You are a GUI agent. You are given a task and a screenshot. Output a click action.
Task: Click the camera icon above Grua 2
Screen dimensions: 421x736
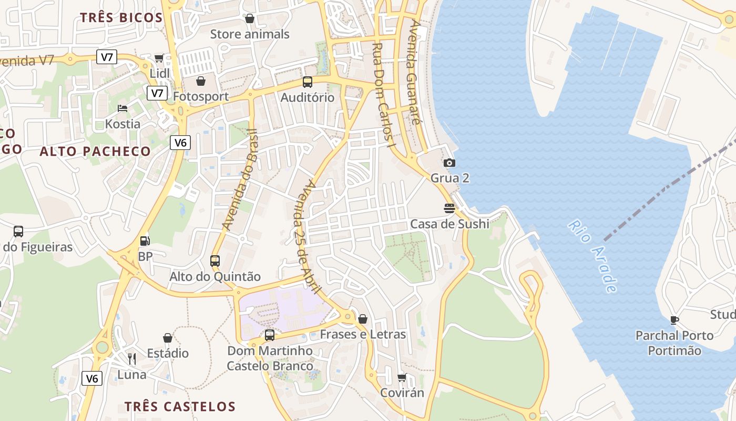(449, 163)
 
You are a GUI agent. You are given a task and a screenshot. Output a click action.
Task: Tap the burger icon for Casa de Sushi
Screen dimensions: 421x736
(449, 208)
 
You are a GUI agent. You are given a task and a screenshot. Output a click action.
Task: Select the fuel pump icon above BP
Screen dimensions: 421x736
(145, 241)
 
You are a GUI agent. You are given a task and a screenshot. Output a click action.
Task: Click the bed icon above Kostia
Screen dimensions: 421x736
(122, 108)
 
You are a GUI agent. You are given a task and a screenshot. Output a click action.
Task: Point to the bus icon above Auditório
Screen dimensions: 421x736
(308, 82)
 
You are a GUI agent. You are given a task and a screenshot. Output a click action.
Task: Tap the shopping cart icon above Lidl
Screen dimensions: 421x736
(159, 58)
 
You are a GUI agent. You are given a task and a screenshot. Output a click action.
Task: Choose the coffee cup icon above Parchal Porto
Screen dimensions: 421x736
(674, 320)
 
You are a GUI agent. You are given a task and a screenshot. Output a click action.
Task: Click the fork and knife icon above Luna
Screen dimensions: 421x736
(132, 359)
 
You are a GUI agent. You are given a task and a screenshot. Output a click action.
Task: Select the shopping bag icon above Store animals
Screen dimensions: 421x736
(250, 19)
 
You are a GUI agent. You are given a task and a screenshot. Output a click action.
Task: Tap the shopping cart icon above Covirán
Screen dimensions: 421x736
(402, 377)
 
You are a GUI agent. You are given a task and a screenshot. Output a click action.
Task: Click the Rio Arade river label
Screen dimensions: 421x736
(592, 256)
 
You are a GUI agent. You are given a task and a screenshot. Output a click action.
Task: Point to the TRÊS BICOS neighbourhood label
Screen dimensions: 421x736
(121, 17)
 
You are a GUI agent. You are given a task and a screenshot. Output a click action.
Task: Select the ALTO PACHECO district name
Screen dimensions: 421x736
(96, 152)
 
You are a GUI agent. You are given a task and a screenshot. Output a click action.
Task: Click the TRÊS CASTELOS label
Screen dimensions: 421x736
(180, 406)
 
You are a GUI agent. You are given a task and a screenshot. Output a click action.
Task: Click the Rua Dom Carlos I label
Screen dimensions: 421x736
(382, 95)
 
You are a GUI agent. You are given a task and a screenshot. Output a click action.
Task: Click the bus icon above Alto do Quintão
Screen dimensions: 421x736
(215, 261)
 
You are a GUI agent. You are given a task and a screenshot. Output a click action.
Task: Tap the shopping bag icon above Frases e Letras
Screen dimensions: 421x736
(363, 319)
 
